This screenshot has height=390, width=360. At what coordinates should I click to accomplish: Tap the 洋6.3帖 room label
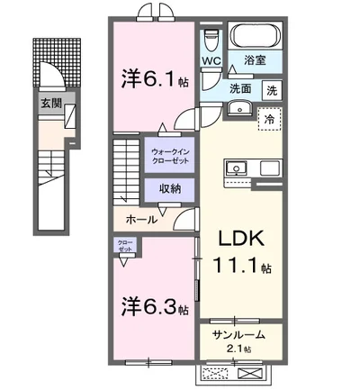coord(154,307)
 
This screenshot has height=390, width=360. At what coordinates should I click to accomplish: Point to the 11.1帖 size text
coord(238,267)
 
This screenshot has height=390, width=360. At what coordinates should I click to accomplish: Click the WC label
coord(211,61)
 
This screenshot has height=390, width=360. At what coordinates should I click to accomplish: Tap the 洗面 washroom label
coord(238,89)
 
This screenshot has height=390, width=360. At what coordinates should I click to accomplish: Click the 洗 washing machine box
coord(270,90)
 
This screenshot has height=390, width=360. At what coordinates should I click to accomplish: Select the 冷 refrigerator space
coord(268,118)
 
